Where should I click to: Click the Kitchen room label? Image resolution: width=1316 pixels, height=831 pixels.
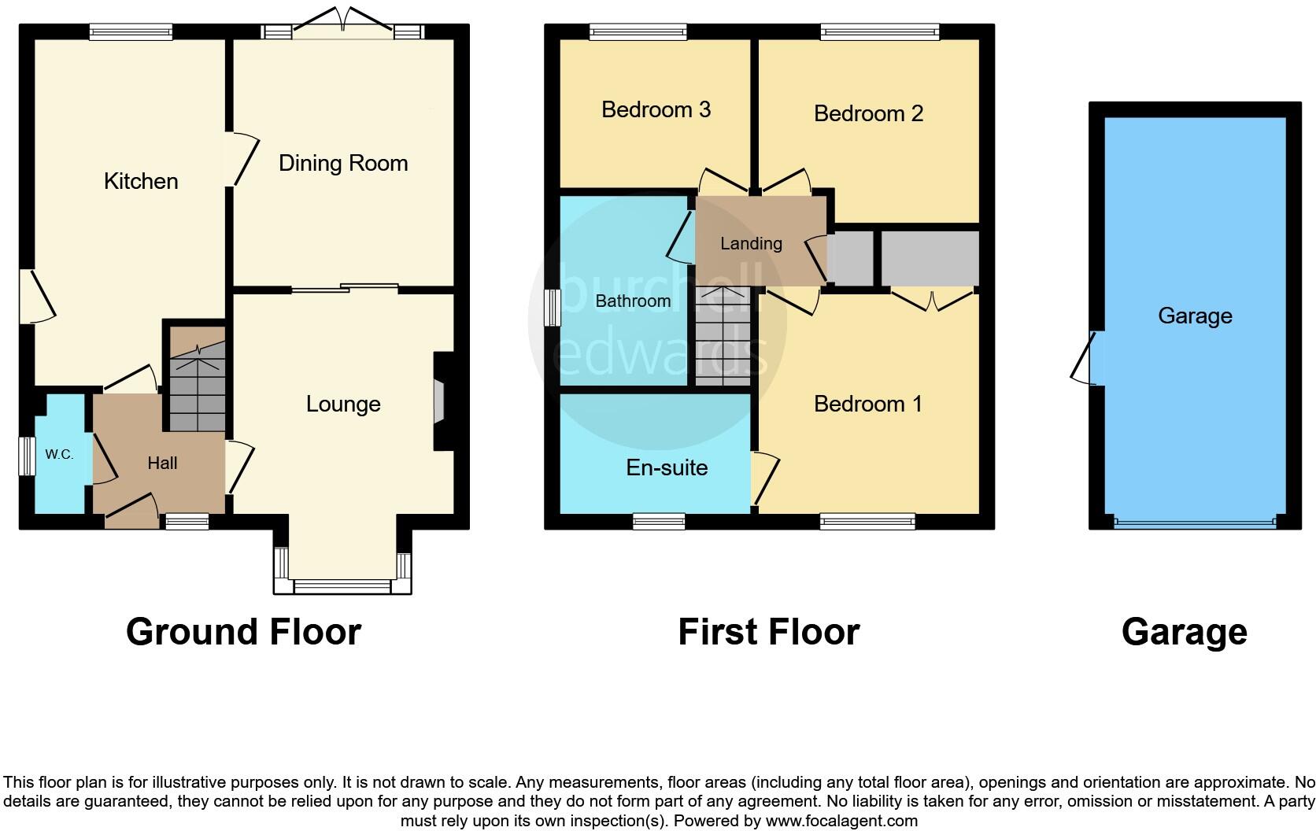(141, 181)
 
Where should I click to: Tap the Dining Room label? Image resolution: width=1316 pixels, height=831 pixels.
(343, 163)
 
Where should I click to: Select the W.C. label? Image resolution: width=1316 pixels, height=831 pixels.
(59, 454)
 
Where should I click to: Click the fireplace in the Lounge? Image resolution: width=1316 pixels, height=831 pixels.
(439, 404)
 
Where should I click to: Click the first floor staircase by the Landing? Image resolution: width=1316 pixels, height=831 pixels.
(723, 336)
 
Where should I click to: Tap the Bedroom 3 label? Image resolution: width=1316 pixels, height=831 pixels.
(656, 109)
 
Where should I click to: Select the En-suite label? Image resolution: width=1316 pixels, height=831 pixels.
(667, 467)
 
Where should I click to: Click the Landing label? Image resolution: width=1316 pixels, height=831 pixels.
(751, 243)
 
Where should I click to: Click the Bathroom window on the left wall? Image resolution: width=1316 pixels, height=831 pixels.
(553, 307)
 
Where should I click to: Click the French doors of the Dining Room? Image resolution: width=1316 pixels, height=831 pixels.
(342, 24)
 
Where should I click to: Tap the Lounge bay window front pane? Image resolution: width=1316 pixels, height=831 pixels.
(342, 586)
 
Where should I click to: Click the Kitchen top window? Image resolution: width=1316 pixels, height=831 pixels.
(131, 32)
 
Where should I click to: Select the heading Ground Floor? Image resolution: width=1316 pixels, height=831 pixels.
(243, 632)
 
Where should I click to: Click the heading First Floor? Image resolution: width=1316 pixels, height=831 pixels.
(768, 632)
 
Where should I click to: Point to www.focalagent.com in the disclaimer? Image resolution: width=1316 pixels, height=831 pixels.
(841, 821)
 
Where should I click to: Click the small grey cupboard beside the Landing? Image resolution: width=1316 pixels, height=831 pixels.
(851, 258)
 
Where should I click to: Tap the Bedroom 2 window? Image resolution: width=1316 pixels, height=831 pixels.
(879, 32)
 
